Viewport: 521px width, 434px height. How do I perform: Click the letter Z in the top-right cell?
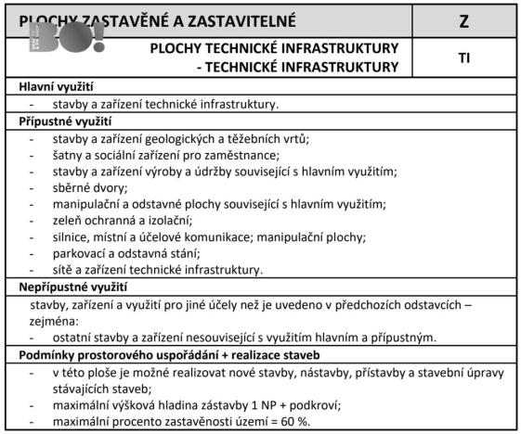coord(463,20)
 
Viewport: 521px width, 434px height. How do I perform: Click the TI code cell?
coord(463,57)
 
